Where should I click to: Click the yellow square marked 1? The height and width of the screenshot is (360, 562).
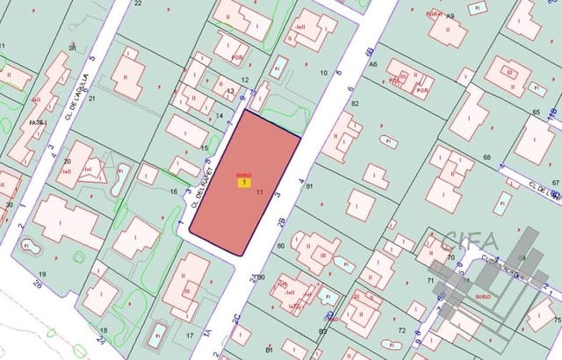click(242, 183)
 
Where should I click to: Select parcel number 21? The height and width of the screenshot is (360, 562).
click(91, 98)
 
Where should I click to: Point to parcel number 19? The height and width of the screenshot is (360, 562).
click(41, 275)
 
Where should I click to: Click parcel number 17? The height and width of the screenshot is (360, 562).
click(190, 335)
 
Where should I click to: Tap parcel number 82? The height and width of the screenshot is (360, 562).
click(356, 104)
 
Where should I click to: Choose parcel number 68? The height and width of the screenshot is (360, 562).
click(486, 158)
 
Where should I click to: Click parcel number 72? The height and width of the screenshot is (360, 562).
click(401, 330)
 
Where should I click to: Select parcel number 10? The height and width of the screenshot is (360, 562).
click(324, 72)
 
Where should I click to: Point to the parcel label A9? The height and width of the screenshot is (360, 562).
click(450, 17)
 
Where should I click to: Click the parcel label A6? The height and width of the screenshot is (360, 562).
click(372, 64)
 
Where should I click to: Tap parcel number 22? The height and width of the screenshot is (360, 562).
click(138, 4)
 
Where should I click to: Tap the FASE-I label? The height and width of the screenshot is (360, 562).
click(37, 123)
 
